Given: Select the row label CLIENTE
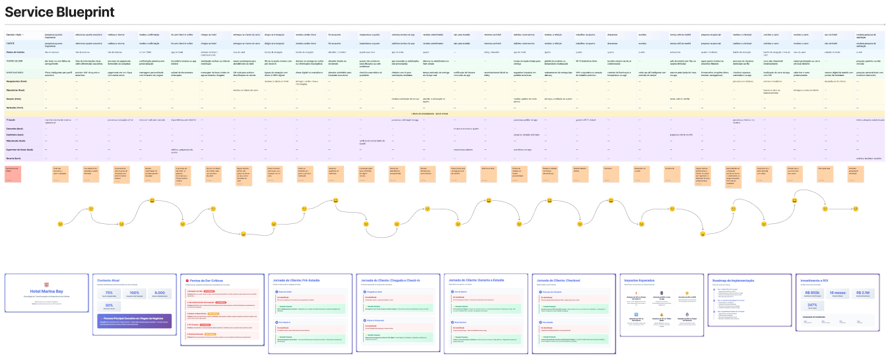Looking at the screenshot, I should click(11, 43).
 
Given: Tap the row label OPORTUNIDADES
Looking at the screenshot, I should click(16, 71).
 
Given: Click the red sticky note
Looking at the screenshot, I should click(13, 174).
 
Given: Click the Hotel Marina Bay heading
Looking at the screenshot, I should click(46, 291).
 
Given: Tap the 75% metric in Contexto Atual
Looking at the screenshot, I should click(109, 293).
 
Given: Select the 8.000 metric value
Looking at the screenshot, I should click(159, 293).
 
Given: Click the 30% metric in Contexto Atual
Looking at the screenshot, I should click(109, 306).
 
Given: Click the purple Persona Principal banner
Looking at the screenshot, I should click(134, 320).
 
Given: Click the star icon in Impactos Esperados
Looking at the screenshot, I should click(687, 293).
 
